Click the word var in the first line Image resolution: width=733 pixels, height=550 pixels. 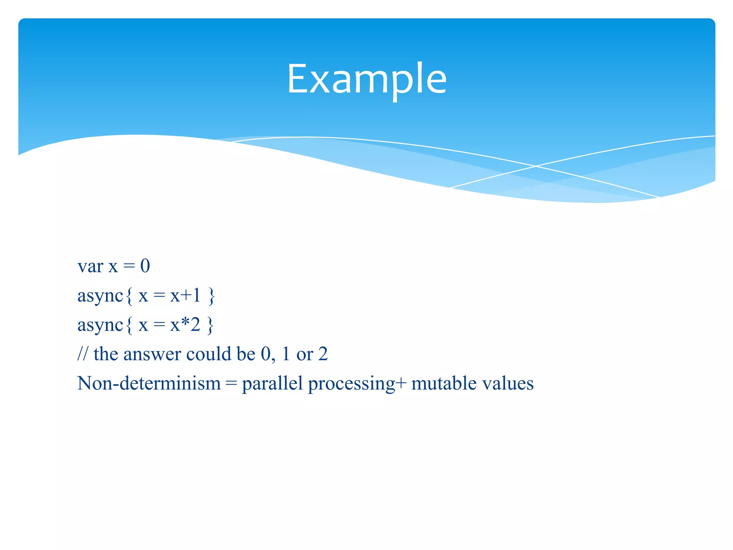pos(90,267)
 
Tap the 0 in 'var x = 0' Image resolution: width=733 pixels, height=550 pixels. pos(145,266)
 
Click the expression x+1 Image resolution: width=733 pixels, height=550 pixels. pos(185,296)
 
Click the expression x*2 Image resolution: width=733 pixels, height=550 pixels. pos(185,325)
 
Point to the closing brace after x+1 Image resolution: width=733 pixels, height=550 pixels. pos(212,296)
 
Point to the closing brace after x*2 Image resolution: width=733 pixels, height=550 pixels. pos(210,326)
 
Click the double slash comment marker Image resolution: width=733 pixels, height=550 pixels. pos(82,354)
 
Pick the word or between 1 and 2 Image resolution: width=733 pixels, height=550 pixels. pos(305,354)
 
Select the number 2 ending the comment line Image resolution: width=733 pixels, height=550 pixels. pos(323,354)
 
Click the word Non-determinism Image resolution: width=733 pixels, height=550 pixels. pos(149,383)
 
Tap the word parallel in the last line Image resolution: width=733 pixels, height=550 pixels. pos(272,384)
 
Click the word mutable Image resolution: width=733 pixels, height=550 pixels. pos(444,383)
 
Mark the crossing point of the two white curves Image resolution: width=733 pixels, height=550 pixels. pos(536,166)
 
